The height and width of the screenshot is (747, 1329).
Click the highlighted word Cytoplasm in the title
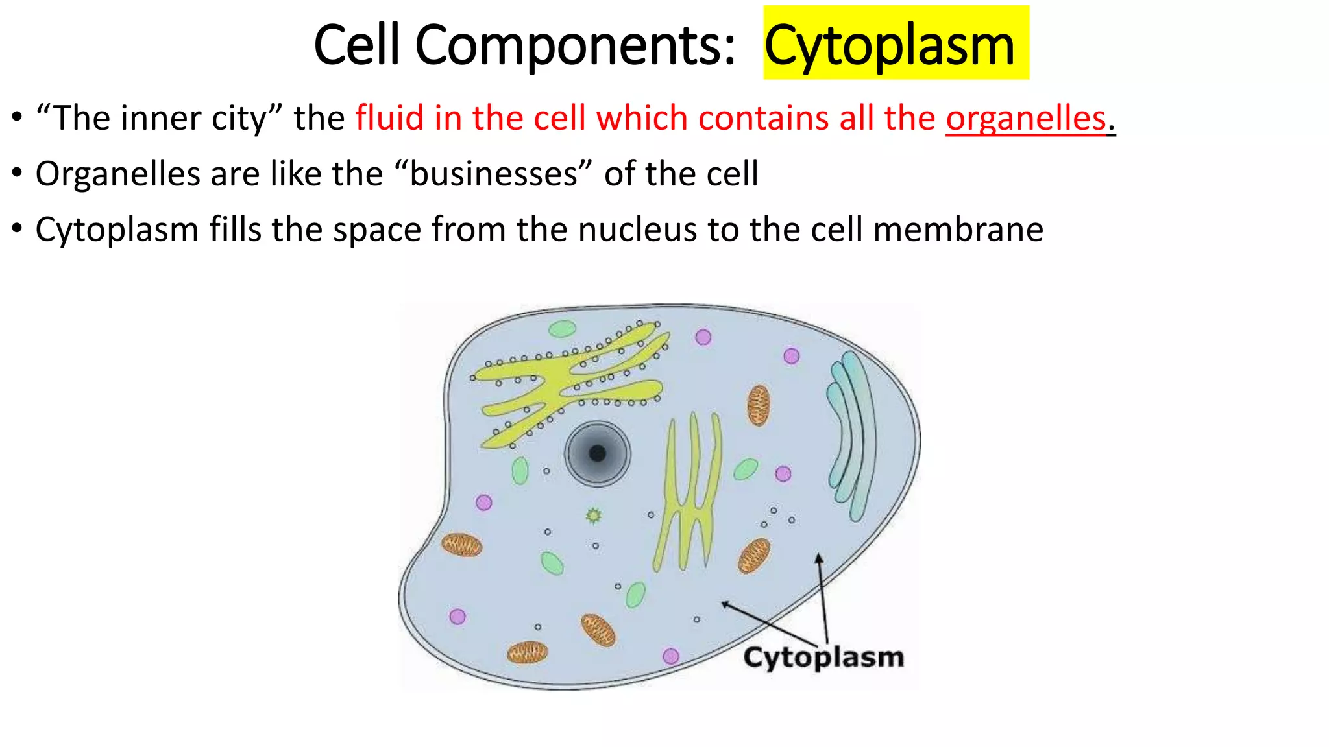[x=889, y=45]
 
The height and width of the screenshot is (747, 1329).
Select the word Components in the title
[x=574, y=45]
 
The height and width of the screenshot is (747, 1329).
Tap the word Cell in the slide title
[x=356, y=45]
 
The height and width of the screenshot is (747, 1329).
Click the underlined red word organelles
[x=1025, y=118]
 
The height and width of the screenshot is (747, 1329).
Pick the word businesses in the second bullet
[x=493, y=174]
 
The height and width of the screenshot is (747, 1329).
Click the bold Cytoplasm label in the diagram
[x=823, y=658]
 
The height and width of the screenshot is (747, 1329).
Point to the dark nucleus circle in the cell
[x=597, y=453]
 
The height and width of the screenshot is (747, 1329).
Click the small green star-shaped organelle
[x=593, y=516]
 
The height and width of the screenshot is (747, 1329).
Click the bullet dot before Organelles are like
[x=17, y=174]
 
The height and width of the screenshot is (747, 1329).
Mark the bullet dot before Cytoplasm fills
[x=17, y=230]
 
